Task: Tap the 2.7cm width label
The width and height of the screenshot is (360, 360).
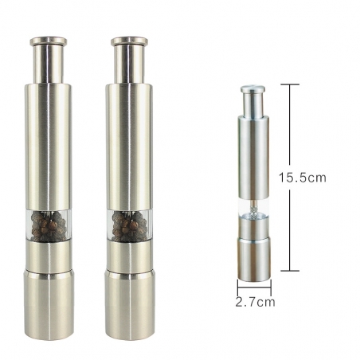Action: tap(255, 302)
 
